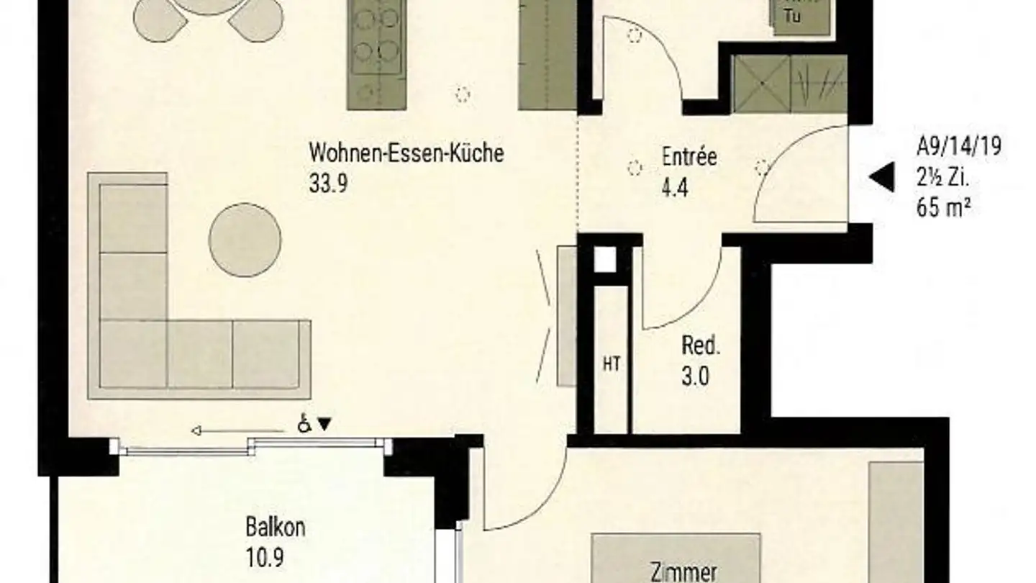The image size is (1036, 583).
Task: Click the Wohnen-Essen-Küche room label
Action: tap(406, 153)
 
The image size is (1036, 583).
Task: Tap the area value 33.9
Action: tap(328, 184)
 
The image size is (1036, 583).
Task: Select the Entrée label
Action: tap(689, 156)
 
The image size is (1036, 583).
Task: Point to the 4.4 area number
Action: tap(675, 189)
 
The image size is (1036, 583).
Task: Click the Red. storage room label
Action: tap(701, 346)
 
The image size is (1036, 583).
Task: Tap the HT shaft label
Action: tap(612, 365)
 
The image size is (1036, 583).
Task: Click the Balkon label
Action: tap(275, 527)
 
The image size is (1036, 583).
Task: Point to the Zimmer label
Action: tap(683, 574)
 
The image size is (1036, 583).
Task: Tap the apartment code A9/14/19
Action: tap(958, 147)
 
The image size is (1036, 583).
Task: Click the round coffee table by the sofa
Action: tap(245, 240)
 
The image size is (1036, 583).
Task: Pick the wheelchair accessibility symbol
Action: tap(305, 425)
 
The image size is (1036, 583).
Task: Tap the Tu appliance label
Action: tap(793, 16)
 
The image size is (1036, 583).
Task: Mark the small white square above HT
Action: tap(606, 260)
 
